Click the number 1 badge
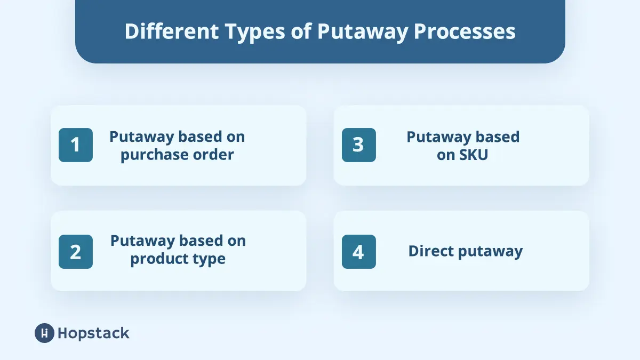click(76, 145)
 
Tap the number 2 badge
click(76, 252)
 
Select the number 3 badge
click(358, 145)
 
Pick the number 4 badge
click(358, 252)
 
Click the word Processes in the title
click(465, 31)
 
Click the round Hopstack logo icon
click(44, 333)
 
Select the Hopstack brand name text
click(93, 333)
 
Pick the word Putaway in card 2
click(142, 241)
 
